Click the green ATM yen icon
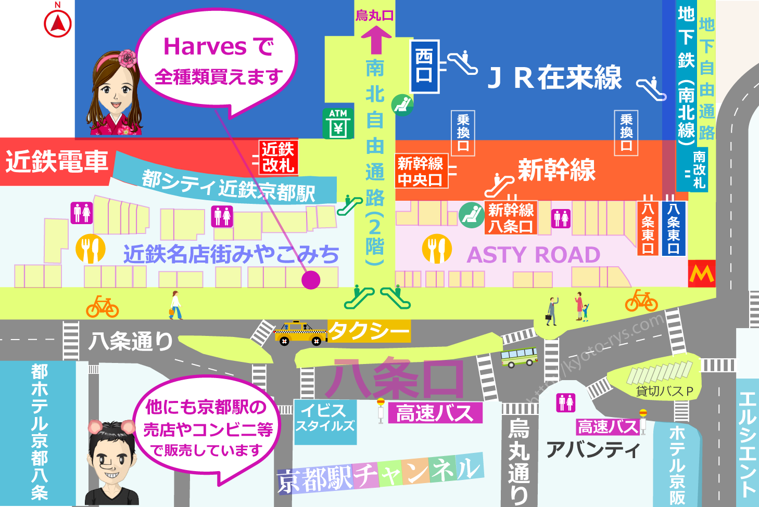tap(338, 123)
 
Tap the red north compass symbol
tap(58, 23)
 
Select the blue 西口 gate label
tap(424, 67)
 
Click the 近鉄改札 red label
tap(279, 157)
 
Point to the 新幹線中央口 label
tap(421, 171)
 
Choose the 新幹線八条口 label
tap(511, 218)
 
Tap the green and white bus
tap(518, 357)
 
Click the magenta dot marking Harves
tap(311, 280)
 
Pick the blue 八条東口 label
tap(673, 228)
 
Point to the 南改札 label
tap(699, 170)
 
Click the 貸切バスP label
tap(665, 391)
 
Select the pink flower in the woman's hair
tap(127, 58)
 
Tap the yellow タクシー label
tap(369, 331)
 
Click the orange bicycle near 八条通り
tap(103, 307)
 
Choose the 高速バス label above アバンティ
tap(607, 427)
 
